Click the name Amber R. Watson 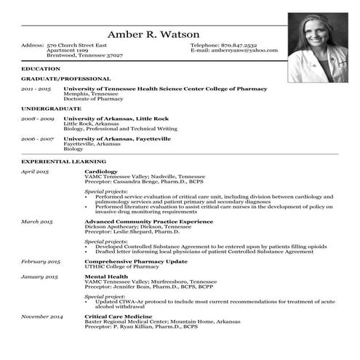153,35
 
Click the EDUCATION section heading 36,68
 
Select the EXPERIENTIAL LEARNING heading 64,161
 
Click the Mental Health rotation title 105,276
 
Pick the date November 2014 41,316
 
